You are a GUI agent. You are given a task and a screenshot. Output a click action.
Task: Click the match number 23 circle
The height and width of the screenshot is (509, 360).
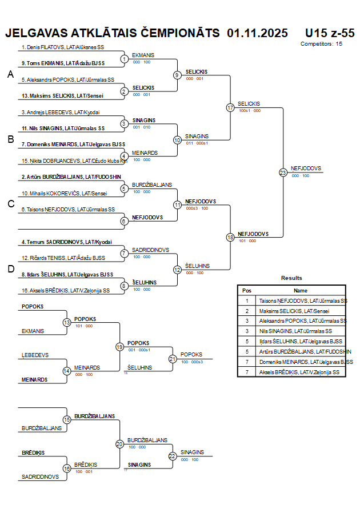(283, 172)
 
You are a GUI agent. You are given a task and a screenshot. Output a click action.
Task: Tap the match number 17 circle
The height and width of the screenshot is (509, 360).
(230, 107)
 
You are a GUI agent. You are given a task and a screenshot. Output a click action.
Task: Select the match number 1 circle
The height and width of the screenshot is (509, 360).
(124, 59)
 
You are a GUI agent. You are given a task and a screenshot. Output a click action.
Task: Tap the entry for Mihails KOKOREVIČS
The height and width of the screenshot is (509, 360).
(67, 194)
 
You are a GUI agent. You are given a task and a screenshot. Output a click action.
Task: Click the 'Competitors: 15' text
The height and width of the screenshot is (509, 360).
(322, 43)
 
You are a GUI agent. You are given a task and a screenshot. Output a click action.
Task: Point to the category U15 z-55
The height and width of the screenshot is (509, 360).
(330, 33)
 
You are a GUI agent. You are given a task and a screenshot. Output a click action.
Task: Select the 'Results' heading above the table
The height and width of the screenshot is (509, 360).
(291, 278)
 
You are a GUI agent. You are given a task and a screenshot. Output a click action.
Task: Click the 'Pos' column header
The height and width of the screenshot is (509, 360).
(247, 290)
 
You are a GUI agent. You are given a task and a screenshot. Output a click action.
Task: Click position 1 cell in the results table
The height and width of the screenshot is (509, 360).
(247, 300)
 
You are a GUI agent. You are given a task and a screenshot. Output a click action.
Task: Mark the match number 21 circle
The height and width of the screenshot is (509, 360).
(173, 359)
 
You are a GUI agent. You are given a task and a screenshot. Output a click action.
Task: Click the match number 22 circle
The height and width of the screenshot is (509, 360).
(173, 456)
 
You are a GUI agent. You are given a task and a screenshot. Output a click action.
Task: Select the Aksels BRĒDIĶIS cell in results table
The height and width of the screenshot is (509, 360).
(302, 372)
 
